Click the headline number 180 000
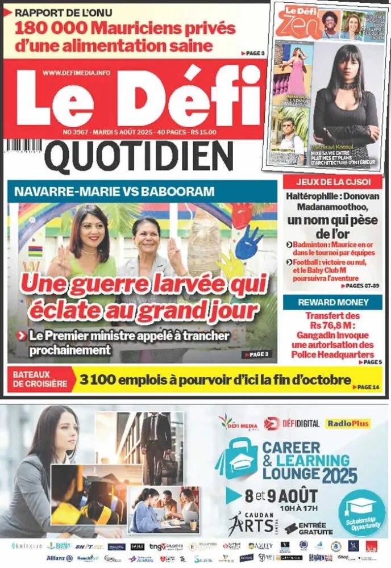[48, 28]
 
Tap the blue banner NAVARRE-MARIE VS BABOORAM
[114, 191]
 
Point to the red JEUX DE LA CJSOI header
[332, 182]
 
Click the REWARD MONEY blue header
[332, 302]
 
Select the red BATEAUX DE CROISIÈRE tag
[39, 379]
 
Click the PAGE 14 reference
[367, 387]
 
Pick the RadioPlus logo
[348, 423]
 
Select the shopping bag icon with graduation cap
[237, 463]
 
